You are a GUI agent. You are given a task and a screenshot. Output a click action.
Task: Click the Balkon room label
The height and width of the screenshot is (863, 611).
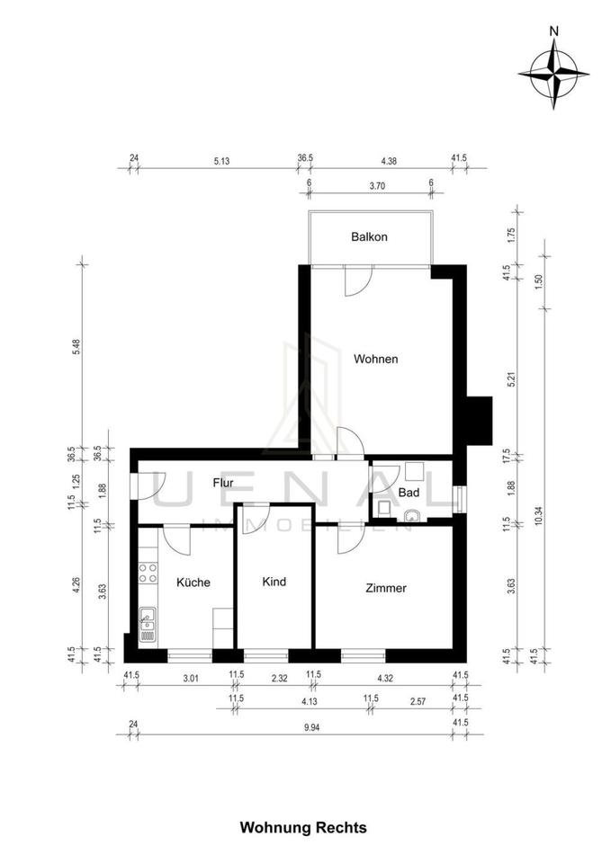click(x=369, y=236)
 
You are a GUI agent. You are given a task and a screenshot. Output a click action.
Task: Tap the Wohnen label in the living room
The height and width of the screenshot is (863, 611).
click(x=376, y=359)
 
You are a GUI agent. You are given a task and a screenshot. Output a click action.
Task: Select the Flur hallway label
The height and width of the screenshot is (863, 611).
click(x=223, y=484)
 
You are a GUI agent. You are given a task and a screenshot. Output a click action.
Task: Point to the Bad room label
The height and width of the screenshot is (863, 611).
click(x=409, y=493)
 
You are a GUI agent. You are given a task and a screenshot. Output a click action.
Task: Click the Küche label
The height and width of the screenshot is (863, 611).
click(x=193, y=583)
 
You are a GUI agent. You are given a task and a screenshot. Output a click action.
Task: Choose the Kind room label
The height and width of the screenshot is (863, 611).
click(x=274, y=582)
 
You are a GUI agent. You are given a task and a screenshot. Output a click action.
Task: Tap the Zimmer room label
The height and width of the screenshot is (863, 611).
click(x=386, y=588)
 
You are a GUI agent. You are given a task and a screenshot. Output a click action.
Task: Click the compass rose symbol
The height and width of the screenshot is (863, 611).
click(x=553, y=73)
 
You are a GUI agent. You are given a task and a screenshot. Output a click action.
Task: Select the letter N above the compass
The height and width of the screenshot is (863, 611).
click(x=554, y=31)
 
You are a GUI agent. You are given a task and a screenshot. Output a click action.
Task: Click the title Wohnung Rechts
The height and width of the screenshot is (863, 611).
click(x=303, y=828)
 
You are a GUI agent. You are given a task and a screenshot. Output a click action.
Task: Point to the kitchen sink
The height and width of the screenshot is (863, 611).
click(x=148, y=624)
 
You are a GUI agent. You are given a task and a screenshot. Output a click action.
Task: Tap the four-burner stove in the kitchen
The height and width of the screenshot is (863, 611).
click(x=148, y=573)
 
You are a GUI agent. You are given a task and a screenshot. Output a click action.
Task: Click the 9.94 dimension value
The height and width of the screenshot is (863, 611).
click(x=311, y=727)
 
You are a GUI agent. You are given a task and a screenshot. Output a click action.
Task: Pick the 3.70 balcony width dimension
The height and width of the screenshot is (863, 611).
click(x=377, y=186)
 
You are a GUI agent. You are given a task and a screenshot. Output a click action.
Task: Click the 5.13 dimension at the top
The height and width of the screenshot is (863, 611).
click(x=221, y=161)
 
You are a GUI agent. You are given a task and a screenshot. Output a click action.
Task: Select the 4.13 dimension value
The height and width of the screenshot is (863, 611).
click(x=310, y=702)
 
